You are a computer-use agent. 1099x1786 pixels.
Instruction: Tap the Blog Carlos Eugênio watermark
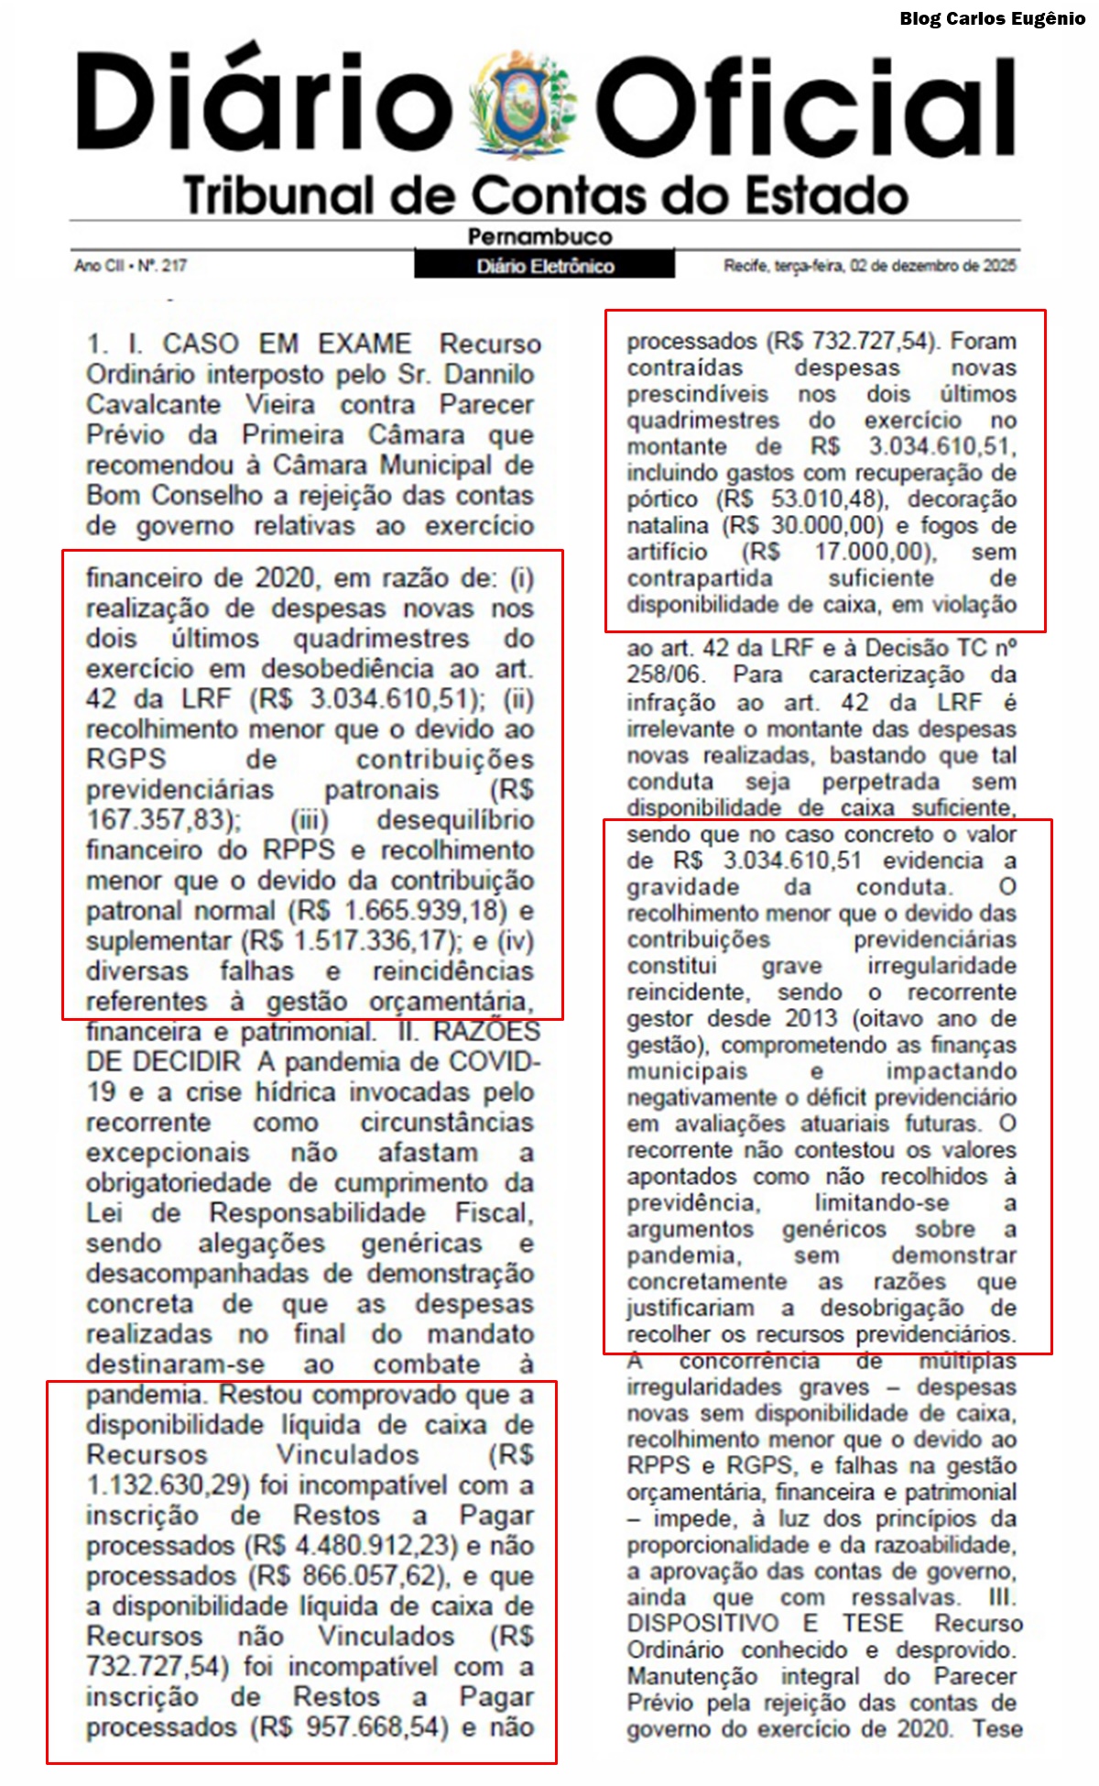coord(992,18)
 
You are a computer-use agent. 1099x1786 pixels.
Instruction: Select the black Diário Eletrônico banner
coord(545,266)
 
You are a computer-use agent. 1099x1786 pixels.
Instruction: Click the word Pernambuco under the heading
coord(539,236)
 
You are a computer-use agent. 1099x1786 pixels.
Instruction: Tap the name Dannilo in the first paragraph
coord(490,374)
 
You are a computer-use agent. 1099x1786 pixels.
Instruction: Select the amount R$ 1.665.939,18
coord(397,910)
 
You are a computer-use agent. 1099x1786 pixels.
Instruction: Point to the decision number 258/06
coord(665,674)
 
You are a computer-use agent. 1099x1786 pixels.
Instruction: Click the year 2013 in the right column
coord(811,1018)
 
